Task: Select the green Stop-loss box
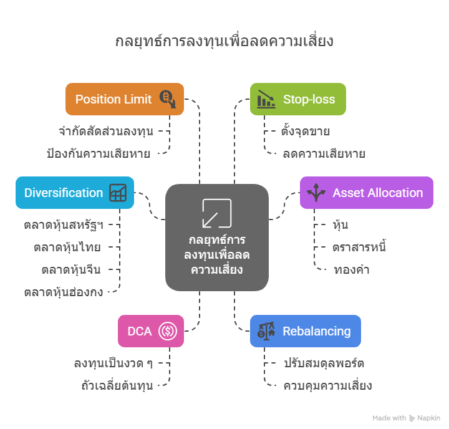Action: click(297, 99)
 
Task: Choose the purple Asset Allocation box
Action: click(366, 193)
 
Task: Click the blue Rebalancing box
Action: click(305, 331)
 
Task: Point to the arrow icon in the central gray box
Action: click(216, 213)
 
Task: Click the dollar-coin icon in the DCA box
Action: click(168, 331)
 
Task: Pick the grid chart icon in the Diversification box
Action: click(118, 193)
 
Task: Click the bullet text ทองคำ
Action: click(351, 269)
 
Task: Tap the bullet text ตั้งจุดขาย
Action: click(306, 132)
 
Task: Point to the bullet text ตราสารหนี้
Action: click(359, 247)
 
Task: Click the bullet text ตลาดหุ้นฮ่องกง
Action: click(64, 291)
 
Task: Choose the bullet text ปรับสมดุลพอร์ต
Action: click(324, 363)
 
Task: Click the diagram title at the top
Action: click(224, 41)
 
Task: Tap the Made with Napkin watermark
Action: click(407, 418)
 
